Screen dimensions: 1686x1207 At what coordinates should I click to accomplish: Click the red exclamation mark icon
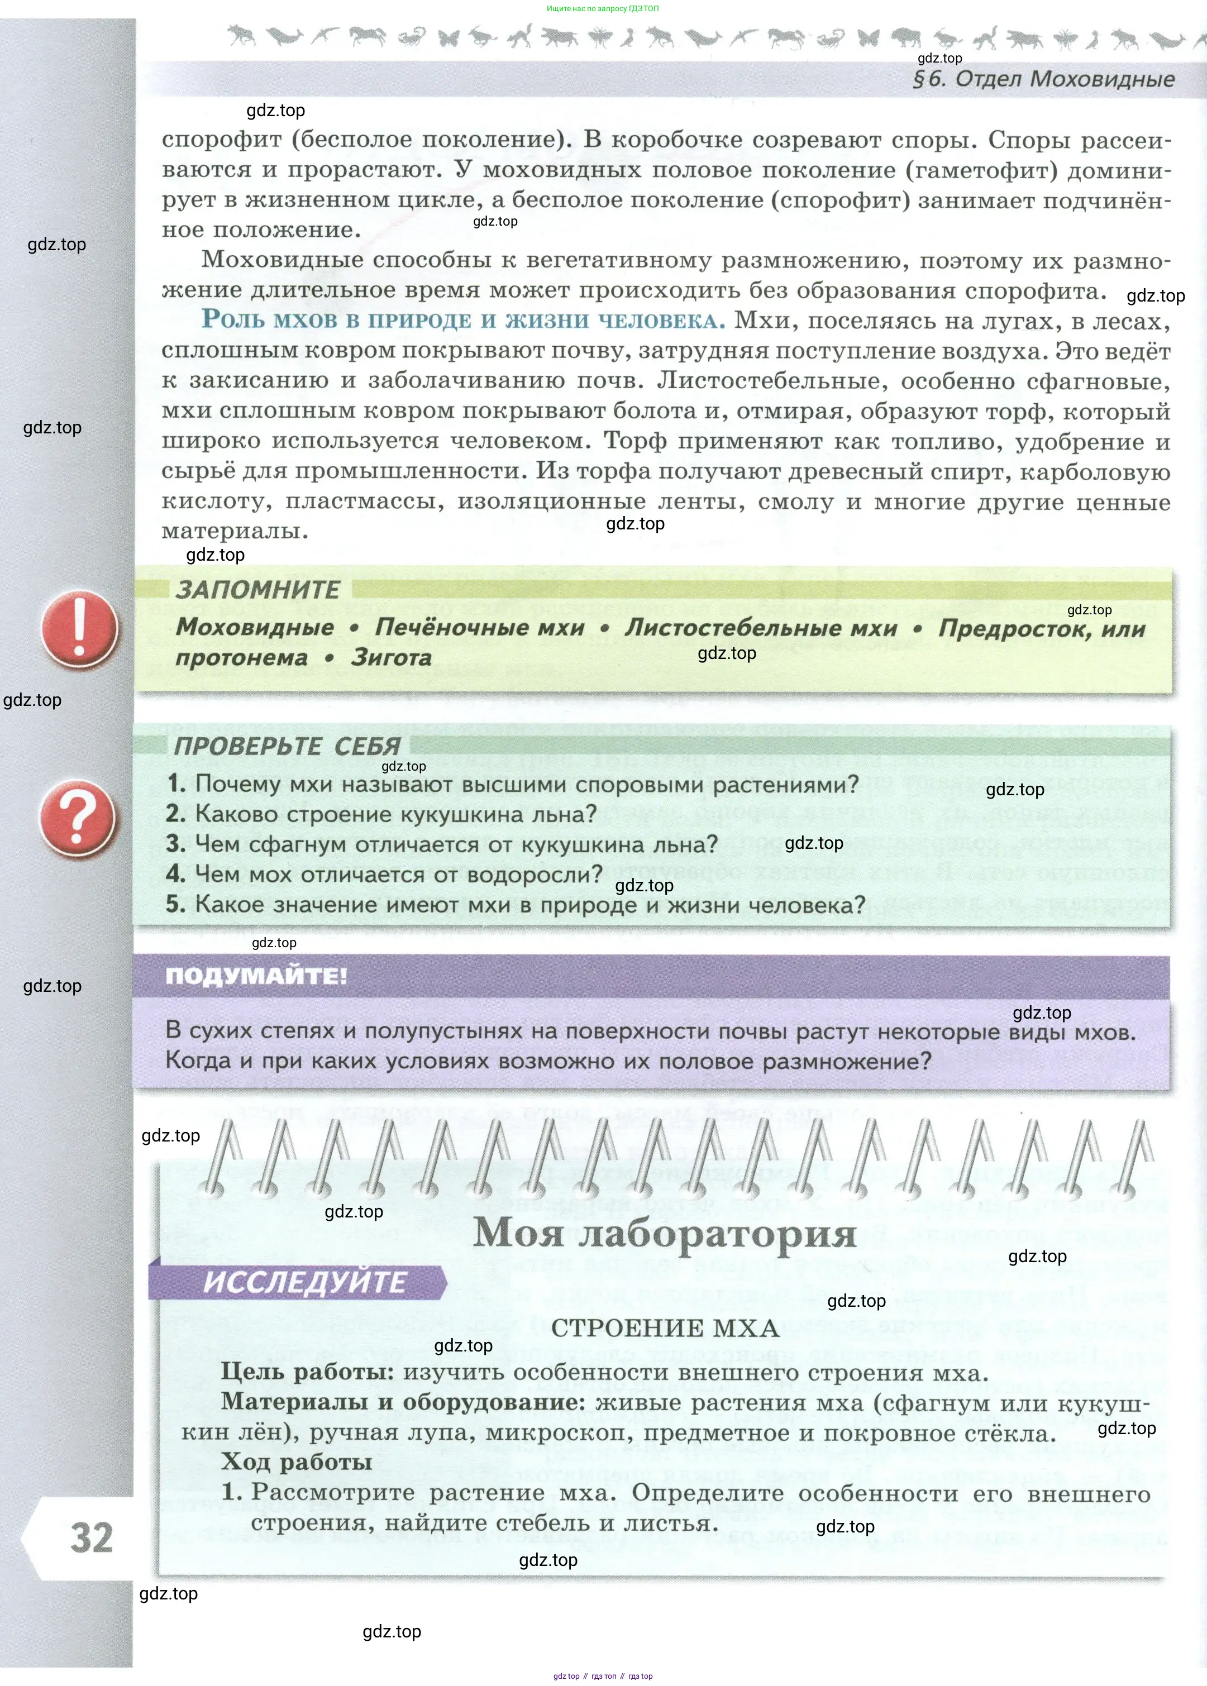[x=79, y=629]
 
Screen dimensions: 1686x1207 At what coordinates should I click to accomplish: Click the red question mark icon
[x=77, y=819]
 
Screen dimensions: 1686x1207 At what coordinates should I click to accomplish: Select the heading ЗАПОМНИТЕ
[x=257, y=590]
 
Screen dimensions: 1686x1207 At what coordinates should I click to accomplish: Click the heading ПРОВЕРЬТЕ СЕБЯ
[x=287, y=746]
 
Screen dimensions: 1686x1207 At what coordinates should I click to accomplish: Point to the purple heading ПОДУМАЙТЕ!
[x=256, y=976]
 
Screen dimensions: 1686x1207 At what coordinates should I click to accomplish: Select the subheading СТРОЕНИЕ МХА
[x=665, y=1329]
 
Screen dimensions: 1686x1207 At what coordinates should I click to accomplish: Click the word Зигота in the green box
[x=391, y=658]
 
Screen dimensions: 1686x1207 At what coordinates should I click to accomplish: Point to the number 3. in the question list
[x=176, y=844]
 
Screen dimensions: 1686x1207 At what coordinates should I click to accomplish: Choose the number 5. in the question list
[x=176, y=904]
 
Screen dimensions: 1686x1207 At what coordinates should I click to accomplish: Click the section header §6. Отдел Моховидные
[x=1043, y=79]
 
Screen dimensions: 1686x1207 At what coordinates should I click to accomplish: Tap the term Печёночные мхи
[x=479, y=627]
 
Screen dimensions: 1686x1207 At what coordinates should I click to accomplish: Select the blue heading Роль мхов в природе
[x=462, y=320]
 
